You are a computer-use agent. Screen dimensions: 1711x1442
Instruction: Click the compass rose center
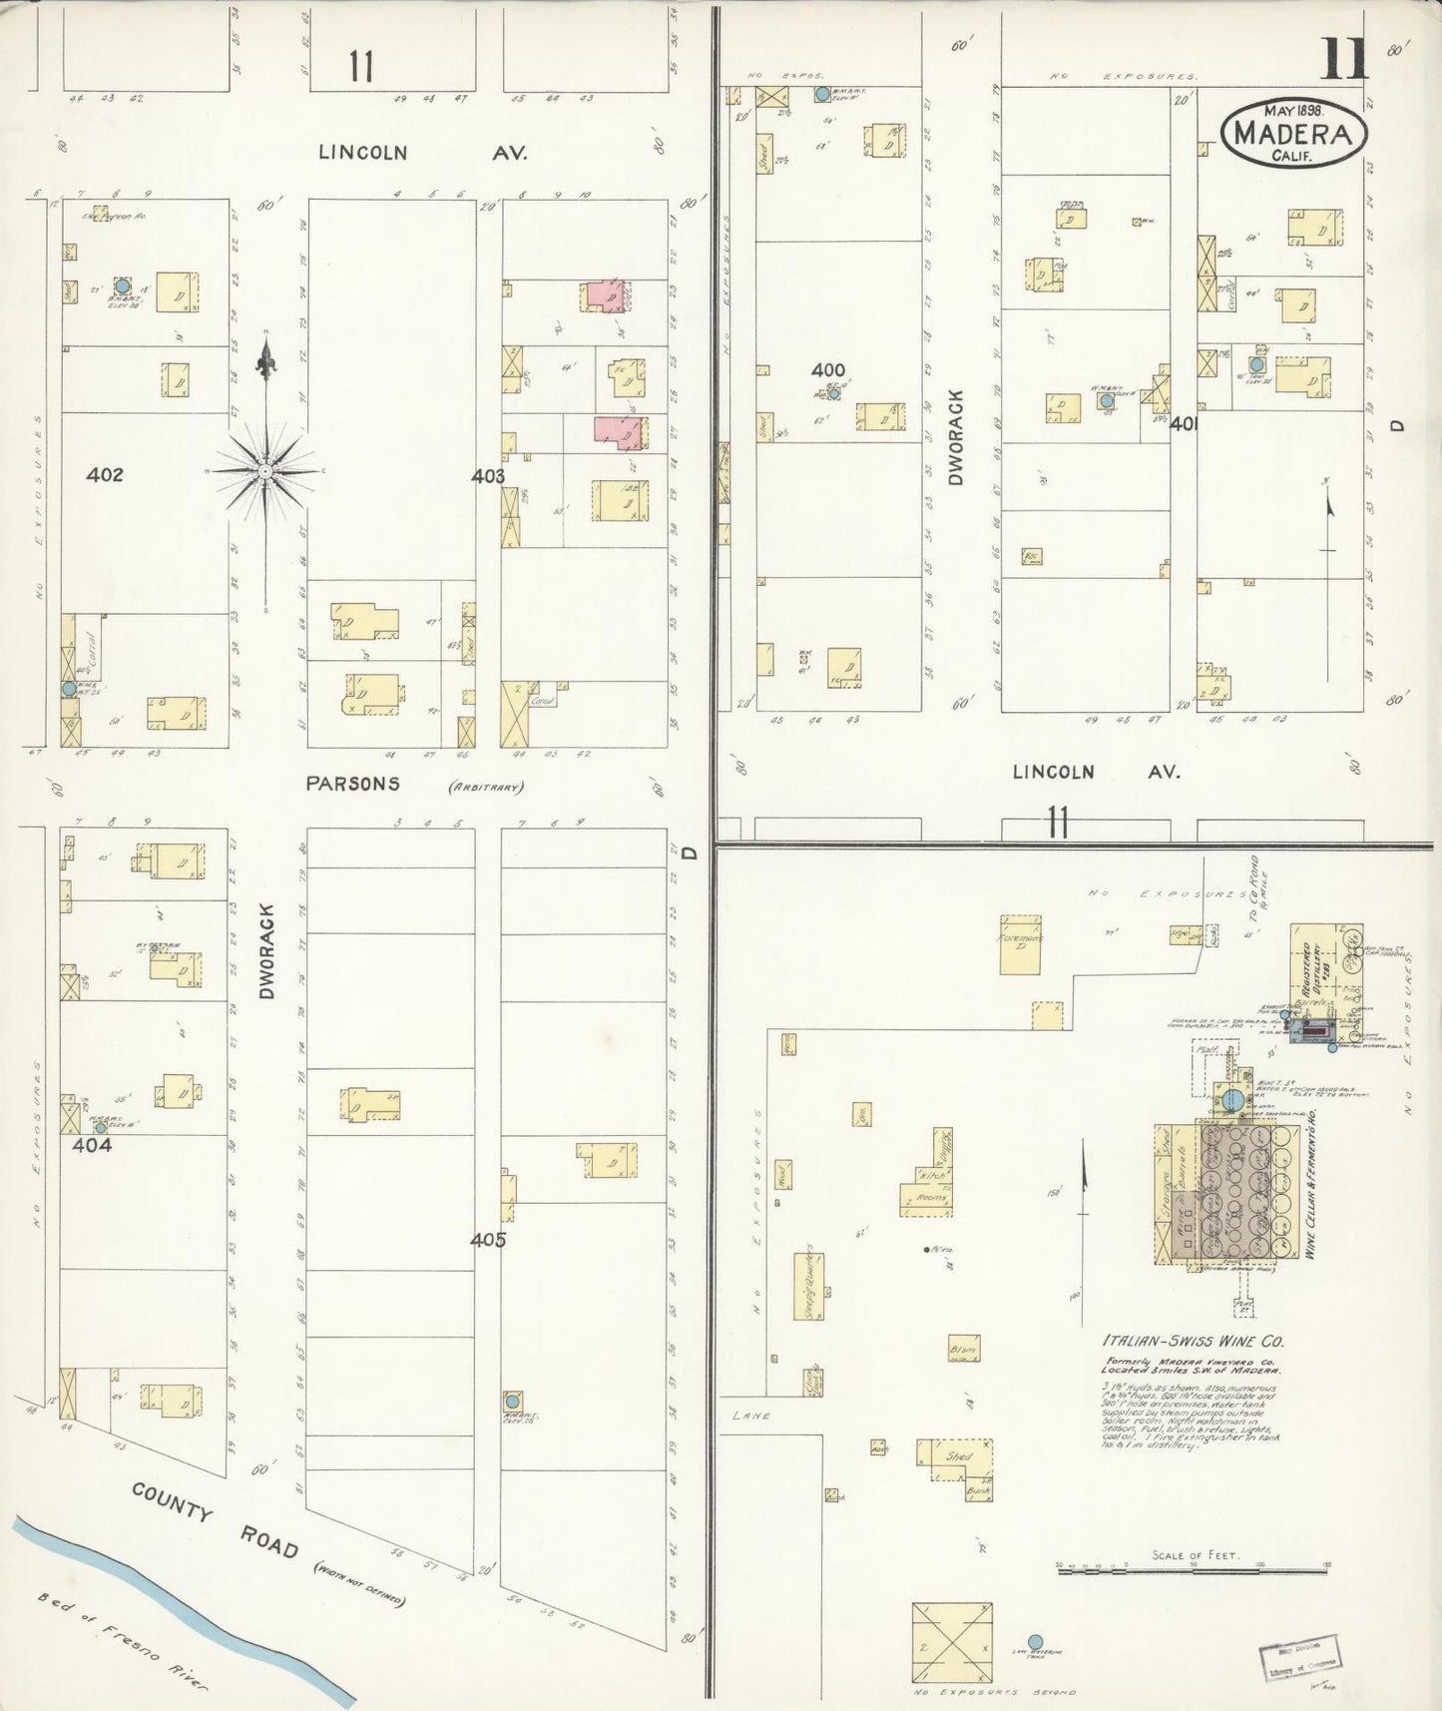(x=265, y=470)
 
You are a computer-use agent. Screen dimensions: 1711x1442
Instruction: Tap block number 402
(x=104, y=475)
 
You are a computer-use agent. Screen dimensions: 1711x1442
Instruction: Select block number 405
(x=488, y=1240)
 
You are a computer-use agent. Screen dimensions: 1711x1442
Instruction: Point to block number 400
(x=827, y=370)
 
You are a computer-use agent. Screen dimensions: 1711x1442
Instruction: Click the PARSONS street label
(x=352, y=784)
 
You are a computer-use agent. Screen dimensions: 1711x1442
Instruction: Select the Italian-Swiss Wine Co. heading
(x=1193, y=1342)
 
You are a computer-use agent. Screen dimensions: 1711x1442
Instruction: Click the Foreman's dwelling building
(x=1021, y=943)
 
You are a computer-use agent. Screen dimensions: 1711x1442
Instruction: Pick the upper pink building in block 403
(x=604, y=295)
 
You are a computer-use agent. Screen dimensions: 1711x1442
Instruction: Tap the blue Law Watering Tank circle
(x=1035, y=1640)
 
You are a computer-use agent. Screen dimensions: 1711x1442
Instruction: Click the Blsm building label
(x=963, y=1351)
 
